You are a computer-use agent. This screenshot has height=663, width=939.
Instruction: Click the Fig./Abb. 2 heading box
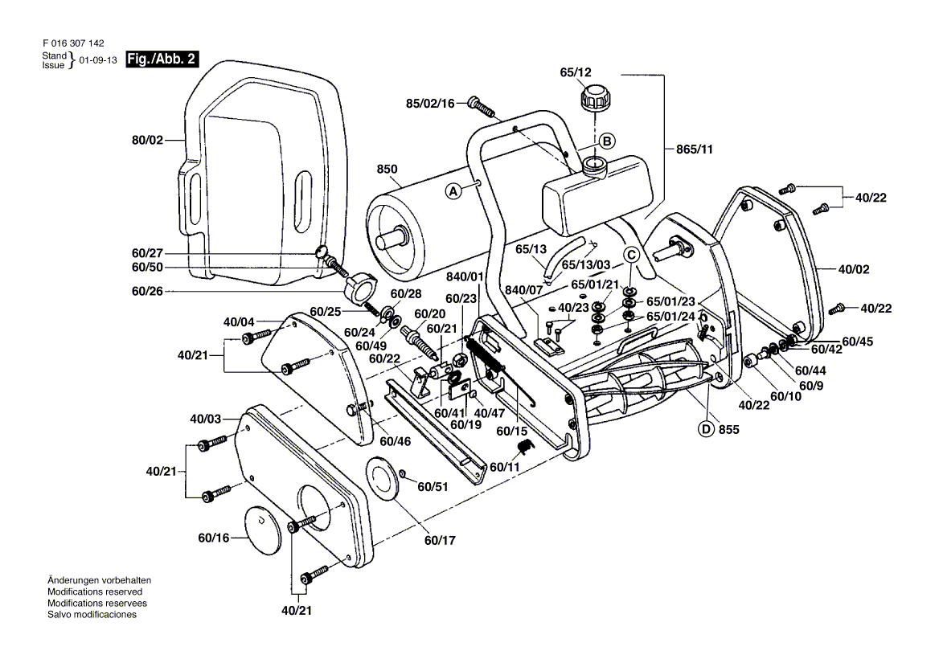point(163,59)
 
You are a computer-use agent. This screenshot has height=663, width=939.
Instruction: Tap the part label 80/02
point(147,140)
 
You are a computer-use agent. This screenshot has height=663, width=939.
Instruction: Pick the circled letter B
point(608,141)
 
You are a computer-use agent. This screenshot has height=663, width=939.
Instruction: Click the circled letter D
point(707,429)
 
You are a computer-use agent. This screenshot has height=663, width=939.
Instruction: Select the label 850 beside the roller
point(387,170)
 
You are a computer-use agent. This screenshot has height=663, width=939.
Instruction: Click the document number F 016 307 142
point(72,44)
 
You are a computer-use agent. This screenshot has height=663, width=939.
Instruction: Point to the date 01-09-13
point(97,60)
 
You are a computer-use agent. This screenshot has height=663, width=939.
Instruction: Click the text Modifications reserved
point(95,591)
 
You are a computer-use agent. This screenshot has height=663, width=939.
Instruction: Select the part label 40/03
point(205,419)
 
